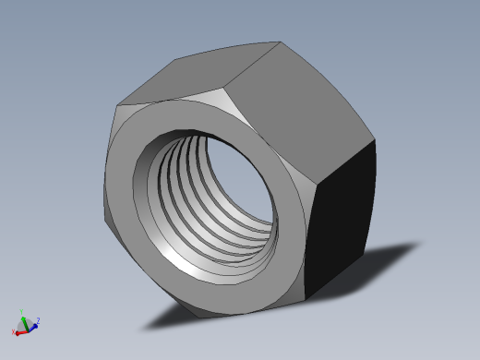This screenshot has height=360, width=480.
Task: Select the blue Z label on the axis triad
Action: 38,321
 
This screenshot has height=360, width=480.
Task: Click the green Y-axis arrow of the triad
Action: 22,320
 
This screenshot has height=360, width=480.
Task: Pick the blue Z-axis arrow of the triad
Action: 31,324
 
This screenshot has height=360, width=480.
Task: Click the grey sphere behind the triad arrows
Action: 28,324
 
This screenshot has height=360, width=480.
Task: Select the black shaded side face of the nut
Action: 344,222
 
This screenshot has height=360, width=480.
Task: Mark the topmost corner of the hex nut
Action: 279,42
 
